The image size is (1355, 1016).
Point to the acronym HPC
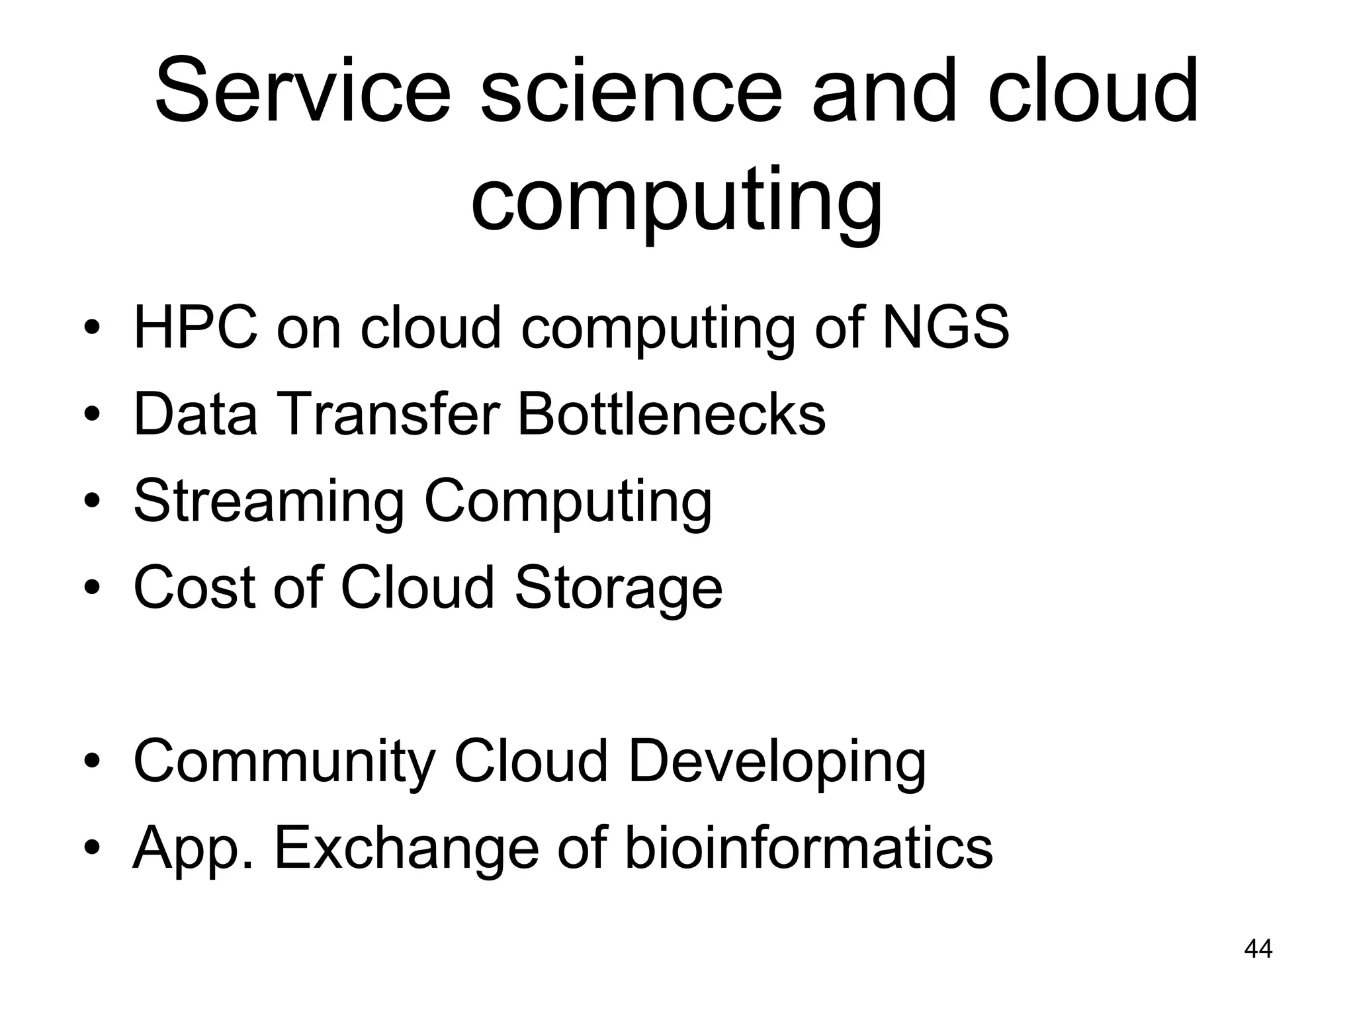click(x=196, y=327)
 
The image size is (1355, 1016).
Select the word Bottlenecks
click(x=671, y=414)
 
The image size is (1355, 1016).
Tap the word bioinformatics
click(x=809, y=848)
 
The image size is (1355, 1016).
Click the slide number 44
click(x=1258, y=949)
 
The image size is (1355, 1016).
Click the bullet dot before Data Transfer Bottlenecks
click(x=92, y=415)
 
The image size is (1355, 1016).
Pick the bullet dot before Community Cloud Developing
click(x=92, y=762)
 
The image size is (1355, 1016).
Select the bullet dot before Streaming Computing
click(x=92, y=501)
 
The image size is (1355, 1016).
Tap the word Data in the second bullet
click(x=195, y=414)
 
